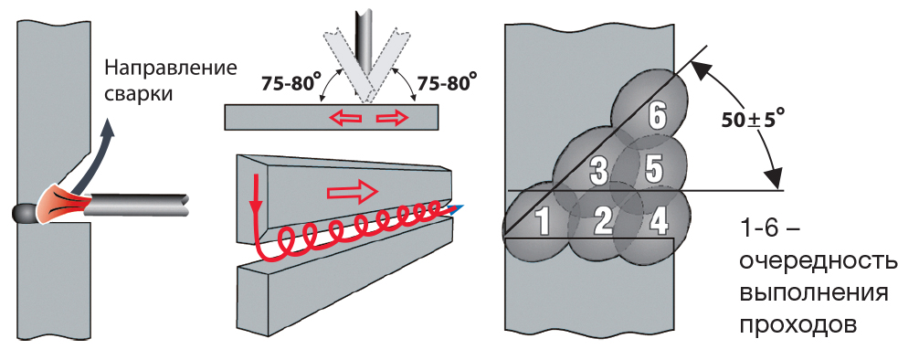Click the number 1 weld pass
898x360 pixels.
[541, 221]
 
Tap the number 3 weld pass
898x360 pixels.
[598, 169]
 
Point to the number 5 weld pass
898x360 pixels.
[652, 168]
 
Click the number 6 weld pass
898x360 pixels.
[654, 116]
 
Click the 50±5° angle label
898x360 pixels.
[751, 118]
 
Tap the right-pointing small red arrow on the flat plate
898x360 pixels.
[391, 117]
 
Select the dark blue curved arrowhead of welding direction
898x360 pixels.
[107, 135]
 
